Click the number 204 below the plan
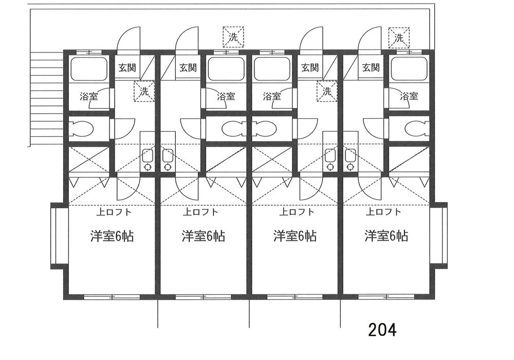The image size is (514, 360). pyautogui.click(x=382, y=330)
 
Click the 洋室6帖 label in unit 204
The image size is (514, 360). pyautogui.click(x=387, y=236)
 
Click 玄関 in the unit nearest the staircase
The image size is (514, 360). pyautogui.click(x=128, y=67)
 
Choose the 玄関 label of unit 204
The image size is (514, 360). pyautogui.click(x=371, y=67)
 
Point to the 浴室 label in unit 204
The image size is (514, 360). pyautogui.click(x=409, y=96)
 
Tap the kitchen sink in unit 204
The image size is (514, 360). pyautogui.click(x=351, y=155)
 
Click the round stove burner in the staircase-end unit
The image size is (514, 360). pyautogui.click(x=148, y=167)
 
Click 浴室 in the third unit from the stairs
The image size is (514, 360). pyautogui.click(x=271, y=96)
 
